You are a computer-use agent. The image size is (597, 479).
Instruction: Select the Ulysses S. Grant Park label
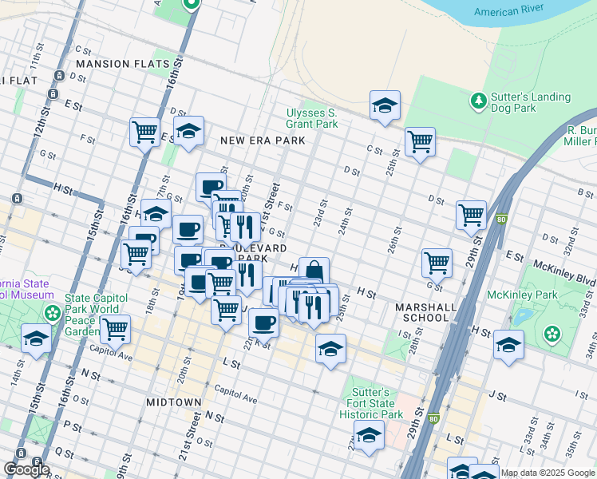[312, 118]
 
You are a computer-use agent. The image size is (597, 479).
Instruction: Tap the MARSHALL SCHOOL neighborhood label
[426, 312]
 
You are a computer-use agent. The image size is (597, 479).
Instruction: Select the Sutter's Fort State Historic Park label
[371, 404]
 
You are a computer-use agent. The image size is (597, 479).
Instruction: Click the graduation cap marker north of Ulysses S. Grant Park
[385, 105]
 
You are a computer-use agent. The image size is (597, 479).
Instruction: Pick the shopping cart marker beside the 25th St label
[420, 142]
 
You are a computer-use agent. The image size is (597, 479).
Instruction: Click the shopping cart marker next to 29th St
[472, 214]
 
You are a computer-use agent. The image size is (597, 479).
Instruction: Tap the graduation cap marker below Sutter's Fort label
[369, 435]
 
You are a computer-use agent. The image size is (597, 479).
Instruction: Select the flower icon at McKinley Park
[551, 333]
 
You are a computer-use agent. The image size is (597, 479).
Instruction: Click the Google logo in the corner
[26, 469]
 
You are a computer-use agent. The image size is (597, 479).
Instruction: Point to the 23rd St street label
[320, 213]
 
